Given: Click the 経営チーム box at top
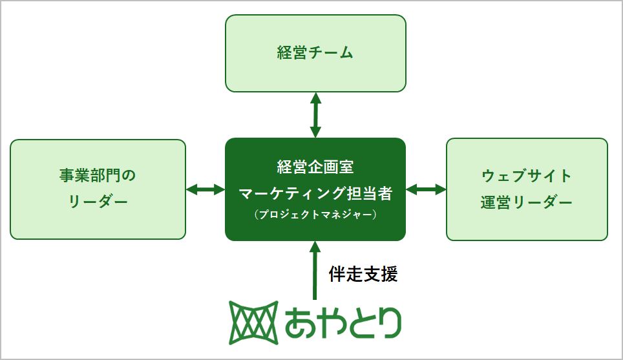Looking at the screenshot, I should tap(315, 53).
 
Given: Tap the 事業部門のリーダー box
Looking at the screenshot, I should tap(98, 189).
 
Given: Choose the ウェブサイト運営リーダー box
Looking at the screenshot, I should tap(527, 189).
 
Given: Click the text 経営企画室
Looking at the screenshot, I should tap(315, 167).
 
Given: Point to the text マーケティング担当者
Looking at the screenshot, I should tap(315, 192).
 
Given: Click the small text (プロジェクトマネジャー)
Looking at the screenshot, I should tap(315, 215).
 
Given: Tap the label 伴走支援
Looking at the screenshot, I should tap(363, 274).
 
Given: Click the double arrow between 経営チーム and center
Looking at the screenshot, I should tap(315, 114).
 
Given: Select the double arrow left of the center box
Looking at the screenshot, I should tap(205, 189).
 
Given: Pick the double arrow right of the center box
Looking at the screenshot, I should tap(426, 189).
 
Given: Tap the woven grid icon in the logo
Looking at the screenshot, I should tap(254, 322).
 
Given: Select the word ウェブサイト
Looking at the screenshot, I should tap(527, 175).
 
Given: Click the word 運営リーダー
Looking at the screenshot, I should tap(527, 203).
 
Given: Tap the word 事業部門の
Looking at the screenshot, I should tap(98, 175).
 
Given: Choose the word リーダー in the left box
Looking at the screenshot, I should tap(98, 203).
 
